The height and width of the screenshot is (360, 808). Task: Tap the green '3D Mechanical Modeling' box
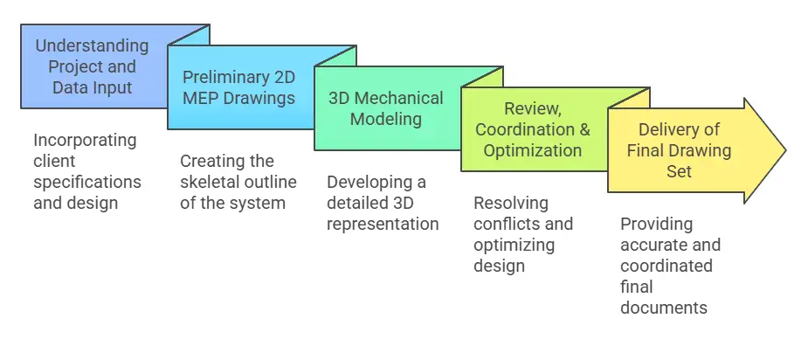tap(385, 108)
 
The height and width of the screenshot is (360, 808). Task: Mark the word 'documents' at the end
tap(663, 308)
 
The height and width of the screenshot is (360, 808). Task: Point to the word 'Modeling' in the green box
tap(385, 119)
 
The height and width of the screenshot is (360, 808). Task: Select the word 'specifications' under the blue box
tap(87, 182)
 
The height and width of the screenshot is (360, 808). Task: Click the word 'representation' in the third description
tap(383, 224)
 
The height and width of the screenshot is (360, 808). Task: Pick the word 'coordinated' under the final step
tap(666, 266)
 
